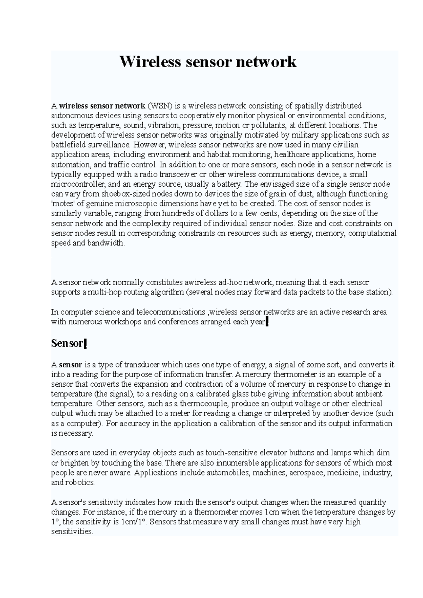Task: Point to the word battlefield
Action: pyautogui.click(x=66, y=145)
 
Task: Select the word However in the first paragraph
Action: pyautogui.click(x=147, y=145)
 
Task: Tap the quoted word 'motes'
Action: pyautogui.click(x=62, y=204)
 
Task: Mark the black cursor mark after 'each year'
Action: pyautogui.click(x=267, y=322)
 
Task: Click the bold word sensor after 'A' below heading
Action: pyautogui.click(x=70, y=365)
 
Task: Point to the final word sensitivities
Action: pyautogui.click(x=72, y=532)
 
